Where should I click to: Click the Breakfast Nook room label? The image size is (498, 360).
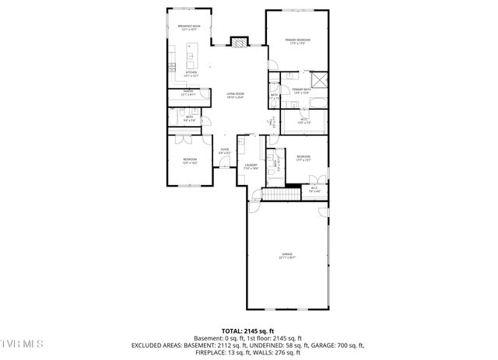(191, 28)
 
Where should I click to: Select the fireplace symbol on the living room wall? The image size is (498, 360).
(239, 42)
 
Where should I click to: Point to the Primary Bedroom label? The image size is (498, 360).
(297, 40)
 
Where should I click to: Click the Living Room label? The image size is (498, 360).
(235, 96)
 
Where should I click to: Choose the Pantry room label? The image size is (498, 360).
(188, 93)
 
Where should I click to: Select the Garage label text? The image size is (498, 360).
(287, 256)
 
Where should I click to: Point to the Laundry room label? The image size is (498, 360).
(251, 166)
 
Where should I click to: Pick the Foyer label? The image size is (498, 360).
(224, 151)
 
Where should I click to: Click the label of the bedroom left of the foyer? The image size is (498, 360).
(190, 161)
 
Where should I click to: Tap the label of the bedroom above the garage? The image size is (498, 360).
(303, 158)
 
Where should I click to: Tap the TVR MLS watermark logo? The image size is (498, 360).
(23, 343)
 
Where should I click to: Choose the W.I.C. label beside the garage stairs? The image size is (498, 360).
(314, 188)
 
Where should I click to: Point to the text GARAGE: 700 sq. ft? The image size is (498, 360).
(337, 344)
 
